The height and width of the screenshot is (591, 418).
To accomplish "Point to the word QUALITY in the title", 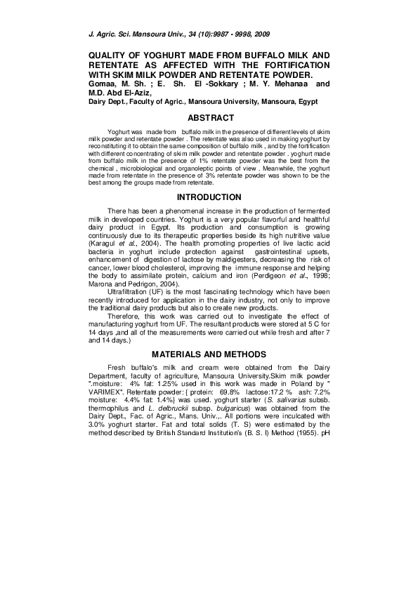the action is [109, 55].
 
